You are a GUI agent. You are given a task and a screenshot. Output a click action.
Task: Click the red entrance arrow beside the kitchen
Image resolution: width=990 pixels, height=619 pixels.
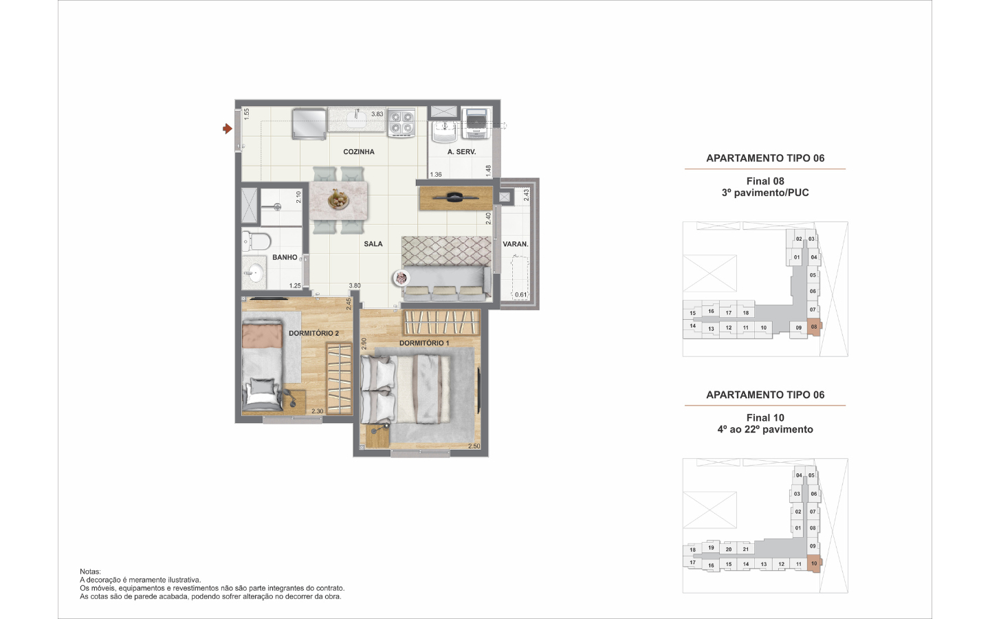click(x=227, y=129)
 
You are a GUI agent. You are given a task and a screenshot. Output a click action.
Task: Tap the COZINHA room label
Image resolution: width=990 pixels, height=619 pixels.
click(x=358, y=151)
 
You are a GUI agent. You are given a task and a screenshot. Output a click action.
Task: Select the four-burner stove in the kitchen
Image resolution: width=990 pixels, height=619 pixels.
click(x=401, y=122)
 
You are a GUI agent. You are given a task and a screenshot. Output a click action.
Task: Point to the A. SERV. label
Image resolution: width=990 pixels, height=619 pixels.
click(x=461, y=151)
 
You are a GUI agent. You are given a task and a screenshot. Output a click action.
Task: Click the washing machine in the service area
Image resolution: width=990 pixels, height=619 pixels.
click(x=476, y=123)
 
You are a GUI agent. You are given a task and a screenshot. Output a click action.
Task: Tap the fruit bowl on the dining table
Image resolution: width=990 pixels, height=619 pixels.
click(x=338, y=199)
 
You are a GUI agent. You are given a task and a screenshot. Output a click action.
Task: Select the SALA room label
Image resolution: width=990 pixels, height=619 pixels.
click(x=373, y=243)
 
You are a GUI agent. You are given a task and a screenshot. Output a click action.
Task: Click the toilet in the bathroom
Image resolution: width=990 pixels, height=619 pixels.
click(x=256, y=241)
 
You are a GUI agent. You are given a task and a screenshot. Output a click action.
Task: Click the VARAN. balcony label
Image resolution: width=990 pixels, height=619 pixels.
click(x=516, y=243)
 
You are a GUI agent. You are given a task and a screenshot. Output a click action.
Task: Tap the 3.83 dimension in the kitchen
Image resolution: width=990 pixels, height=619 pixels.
click(x=377, y=114)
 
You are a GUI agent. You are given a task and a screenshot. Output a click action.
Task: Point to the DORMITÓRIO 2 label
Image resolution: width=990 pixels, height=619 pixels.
click(x=313, y=333)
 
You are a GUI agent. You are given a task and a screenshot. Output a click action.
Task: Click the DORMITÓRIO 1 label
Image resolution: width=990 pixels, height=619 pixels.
click(x=424, y=343)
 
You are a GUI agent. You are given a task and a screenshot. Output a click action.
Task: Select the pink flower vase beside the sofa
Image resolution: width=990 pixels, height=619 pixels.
click(x=401, y=278)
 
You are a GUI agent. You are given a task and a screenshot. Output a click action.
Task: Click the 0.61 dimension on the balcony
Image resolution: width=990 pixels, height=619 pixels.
click(x=520, y=294)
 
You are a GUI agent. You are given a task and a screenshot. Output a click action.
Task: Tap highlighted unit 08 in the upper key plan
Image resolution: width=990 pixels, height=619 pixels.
click(x=814, y=327)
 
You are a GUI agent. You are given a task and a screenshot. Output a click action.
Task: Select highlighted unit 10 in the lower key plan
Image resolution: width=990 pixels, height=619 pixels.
click(x=814, y=564)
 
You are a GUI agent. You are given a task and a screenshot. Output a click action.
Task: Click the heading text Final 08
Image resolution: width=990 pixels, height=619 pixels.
click(x=765, y=181)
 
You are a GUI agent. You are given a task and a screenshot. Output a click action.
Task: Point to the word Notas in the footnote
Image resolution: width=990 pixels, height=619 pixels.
click(x=89, y=572)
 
